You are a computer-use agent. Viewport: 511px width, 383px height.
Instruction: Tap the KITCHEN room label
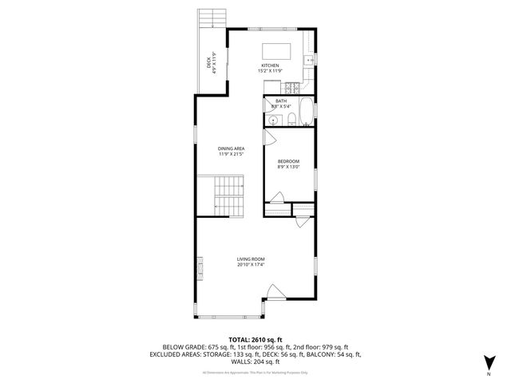pos(270,65)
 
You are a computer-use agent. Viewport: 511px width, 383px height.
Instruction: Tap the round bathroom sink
pos(273,120)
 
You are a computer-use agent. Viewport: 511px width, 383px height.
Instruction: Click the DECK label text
pos(209,63)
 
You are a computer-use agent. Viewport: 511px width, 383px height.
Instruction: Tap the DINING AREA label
pos(231,149)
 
